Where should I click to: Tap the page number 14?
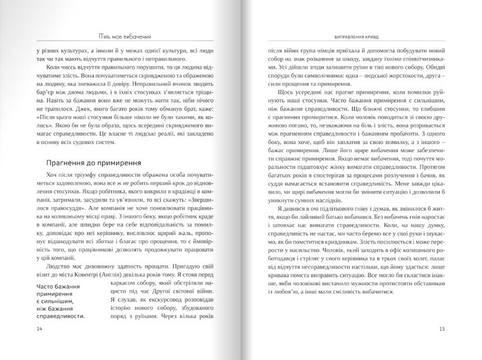coord(40,329)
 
